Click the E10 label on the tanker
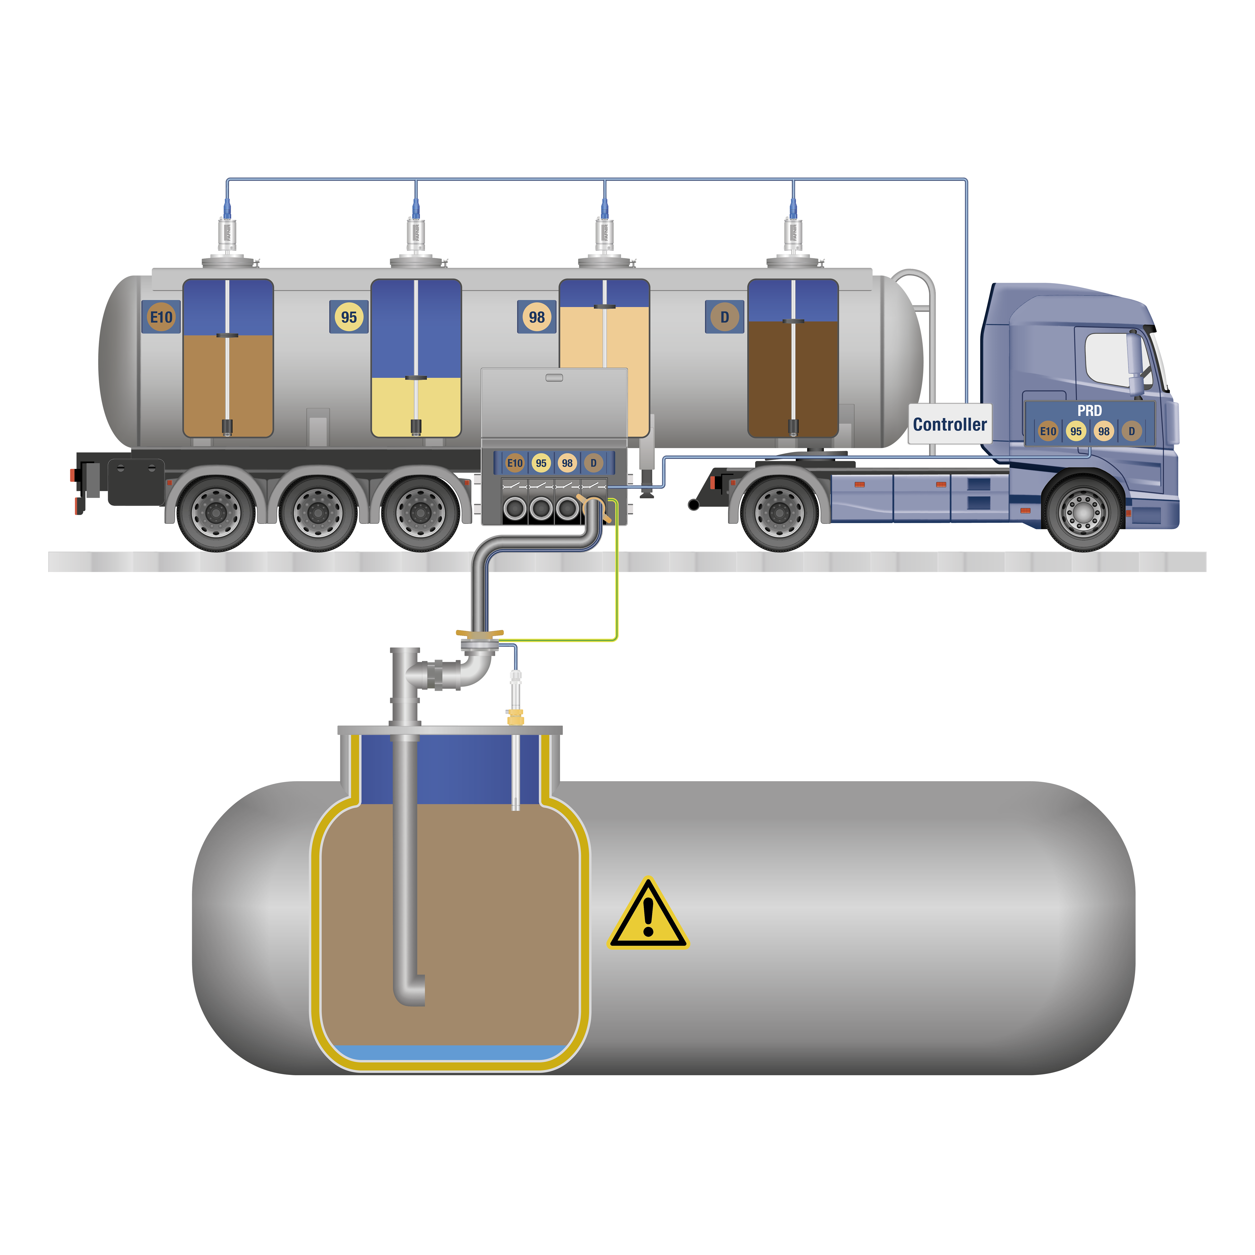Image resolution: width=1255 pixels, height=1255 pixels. coord(161,317)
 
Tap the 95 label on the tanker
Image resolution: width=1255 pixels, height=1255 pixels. coord(349,317)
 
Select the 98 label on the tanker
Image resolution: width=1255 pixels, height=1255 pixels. coord(537,317)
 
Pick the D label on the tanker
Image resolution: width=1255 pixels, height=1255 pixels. coord(724,317)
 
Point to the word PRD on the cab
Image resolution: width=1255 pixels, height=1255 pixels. coord(1089,411)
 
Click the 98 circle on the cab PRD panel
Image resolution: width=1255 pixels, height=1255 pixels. coord(1104,431)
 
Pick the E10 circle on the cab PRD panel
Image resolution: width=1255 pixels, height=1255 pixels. coord(1048,431)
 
